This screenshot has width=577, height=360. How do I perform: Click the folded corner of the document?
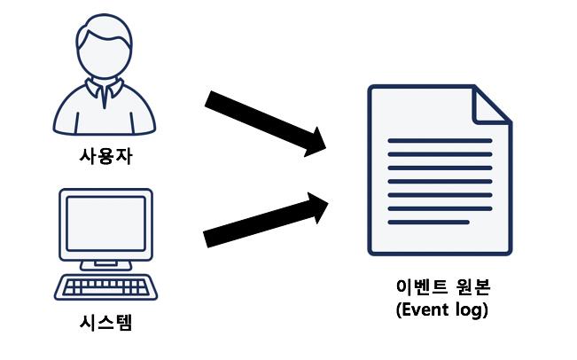click(x=493, y=104)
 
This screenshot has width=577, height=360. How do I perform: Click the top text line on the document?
click(x=440, y=141)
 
